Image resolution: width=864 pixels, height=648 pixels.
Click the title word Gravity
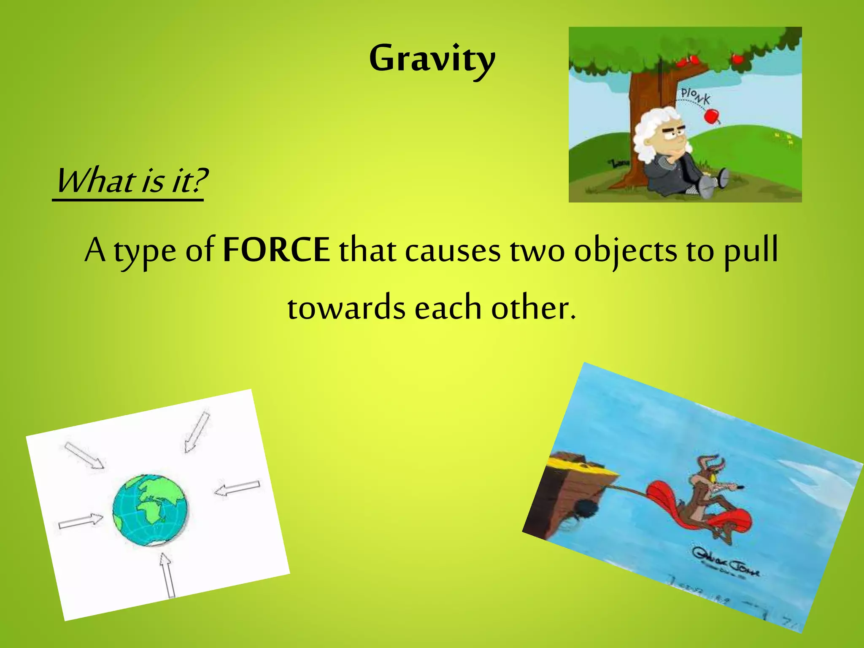tap(432, 59)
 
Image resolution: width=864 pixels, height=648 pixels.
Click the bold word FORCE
tap(276, 250)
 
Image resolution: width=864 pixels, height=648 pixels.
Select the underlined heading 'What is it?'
tap(131, 181)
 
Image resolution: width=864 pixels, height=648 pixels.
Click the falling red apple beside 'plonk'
tap(711, 115)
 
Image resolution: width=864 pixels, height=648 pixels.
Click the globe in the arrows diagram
tap(150, 510)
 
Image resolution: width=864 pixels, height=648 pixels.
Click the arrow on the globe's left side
tap(80, 521)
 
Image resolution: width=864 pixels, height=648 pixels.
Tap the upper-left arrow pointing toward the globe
tap(84, 455)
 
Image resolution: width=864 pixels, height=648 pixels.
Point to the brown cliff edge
tap(570, 489)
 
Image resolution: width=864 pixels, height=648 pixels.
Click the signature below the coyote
tap(726, 563)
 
